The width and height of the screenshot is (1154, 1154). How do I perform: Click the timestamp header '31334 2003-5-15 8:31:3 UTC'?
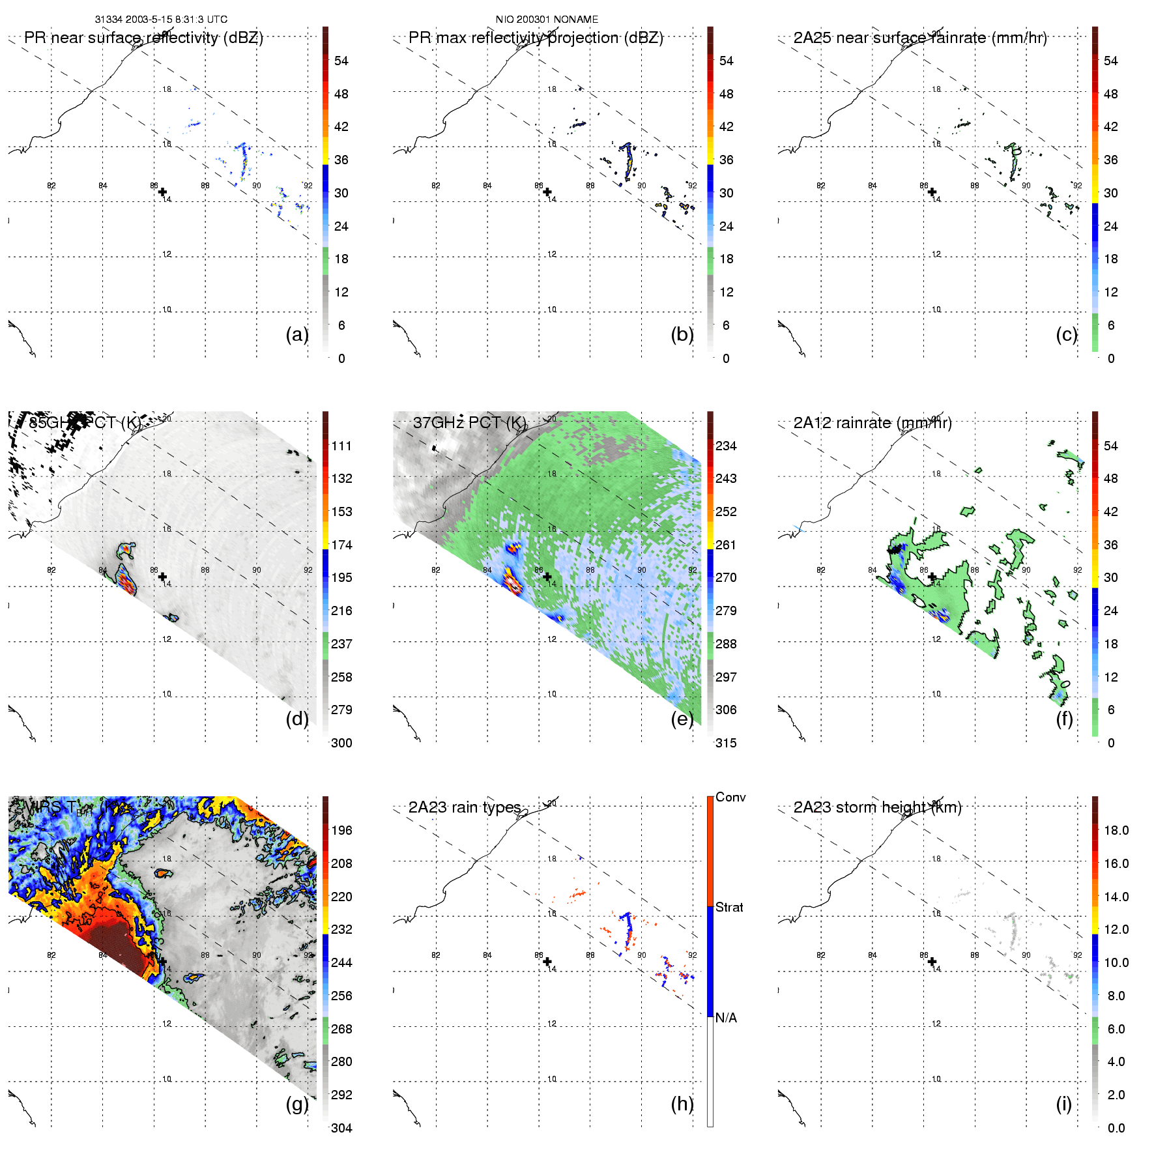[x=161, y=20]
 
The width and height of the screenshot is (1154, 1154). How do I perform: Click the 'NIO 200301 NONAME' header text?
[x=547, y=20]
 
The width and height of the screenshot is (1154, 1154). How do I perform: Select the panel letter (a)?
[x=297, y=334]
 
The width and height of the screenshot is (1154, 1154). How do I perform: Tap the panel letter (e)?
[x=682, y=719]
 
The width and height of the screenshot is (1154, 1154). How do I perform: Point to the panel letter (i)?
[x=1063, y=1104]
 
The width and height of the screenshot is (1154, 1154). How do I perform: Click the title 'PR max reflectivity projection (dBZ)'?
[x=536, y=38]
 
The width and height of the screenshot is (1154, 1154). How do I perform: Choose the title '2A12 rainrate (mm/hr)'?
[x=873, y=423]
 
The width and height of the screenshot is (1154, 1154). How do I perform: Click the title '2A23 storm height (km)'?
[x=877, y=807]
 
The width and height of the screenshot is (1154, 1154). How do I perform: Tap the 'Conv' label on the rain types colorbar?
[x=730, y=797]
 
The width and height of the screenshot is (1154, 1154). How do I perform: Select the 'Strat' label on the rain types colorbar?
[x=729, y=907]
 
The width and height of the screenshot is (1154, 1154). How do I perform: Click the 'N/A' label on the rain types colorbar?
[x=726, y=1018]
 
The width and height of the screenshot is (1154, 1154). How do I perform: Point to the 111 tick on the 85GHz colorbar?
[x=341, y=446]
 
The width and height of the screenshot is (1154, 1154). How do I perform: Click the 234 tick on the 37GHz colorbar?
[x=726, y=446]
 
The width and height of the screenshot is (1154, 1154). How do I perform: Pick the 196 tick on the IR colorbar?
[x=341, y=830]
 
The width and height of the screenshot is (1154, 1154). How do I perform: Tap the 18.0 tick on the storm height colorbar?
[x=1116, y=830]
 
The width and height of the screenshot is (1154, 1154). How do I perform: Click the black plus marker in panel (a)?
[x=162, y=192]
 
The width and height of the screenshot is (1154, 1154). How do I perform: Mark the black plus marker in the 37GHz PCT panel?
[x=547, y=577]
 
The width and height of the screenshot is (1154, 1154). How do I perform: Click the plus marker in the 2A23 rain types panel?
[x=547, y=962]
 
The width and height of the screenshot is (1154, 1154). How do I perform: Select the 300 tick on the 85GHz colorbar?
[x=341, y=743]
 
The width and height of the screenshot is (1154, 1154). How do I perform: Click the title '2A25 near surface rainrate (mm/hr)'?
[x=920, y=38]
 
